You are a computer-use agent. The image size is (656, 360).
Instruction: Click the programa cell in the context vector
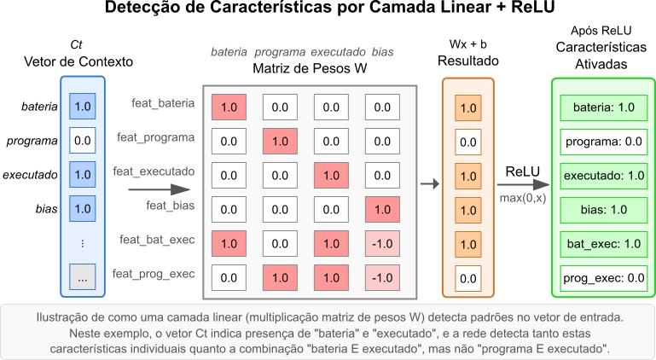click(83, 140)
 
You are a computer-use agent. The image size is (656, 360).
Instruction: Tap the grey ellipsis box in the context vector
click(83, 276)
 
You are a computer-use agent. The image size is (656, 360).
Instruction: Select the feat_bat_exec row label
click(157, 240)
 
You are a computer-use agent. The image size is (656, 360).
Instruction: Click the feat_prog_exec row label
click(154, 274)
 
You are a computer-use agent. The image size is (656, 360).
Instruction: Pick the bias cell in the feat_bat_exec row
click(382, 243)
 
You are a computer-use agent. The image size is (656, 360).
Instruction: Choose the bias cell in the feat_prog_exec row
click(382, 277)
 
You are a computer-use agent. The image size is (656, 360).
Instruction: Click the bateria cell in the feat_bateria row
click(229, 107)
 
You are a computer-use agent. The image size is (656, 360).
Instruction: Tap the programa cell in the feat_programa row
click(280, 141)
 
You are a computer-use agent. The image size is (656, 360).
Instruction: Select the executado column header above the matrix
click(338, 52)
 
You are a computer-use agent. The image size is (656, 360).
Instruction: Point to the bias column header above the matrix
click(382, 52)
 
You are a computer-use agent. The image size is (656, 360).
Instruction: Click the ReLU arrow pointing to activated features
click(524, 184)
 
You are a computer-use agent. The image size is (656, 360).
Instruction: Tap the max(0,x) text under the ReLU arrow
click(523, 198)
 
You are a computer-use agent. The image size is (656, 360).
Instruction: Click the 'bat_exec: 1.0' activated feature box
click(604, 244)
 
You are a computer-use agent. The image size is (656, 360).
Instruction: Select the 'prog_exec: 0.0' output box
click(604, 277)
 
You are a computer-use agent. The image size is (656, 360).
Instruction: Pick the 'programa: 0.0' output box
click(604, 142)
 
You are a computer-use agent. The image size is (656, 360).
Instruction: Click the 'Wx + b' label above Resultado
click(468, 44)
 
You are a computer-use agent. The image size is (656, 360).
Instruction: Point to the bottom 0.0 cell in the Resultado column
click(468, 278)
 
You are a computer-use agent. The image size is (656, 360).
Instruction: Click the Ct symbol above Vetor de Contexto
click(76, 45)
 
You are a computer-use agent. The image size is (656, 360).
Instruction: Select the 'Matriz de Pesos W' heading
click(310, 68)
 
